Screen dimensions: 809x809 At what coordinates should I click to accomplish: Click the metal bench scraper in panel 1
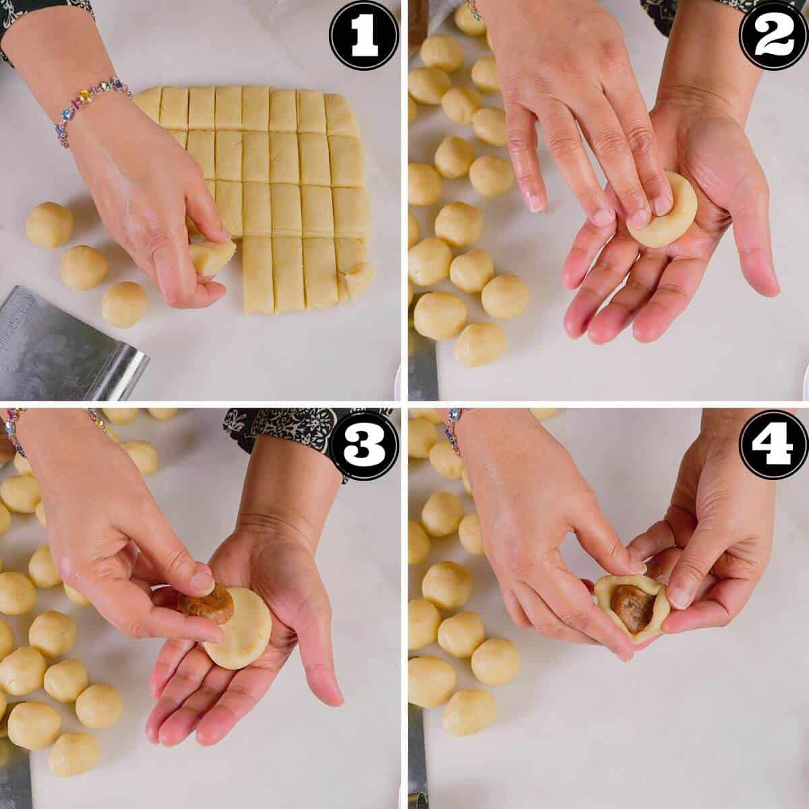click(x=61, y=344)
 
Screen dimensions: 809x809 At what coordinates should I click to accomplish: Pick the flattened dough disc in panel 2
click(x=664, y=212)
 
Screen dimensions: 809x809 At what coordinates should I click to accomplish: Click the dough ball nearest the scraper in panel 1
click(x=124, y=304)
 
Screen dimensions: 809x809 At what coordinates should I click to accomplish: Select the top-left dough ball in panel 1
click(x=49, y=224)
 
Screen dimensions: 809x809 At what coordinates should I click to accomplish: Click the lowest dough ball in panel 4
click(x=469, y=711)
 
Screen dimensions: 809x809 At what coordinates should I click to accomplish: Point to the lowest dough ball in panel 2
click(x=479, y=344)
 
